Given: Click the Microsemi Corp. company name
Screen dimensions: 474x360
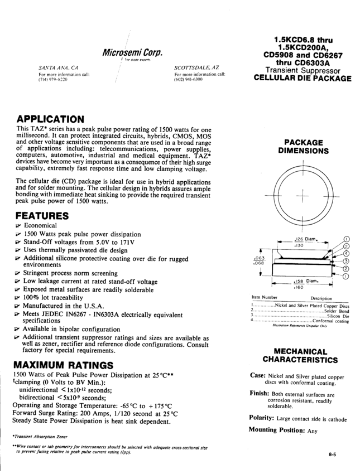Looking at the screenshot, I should [132, 53].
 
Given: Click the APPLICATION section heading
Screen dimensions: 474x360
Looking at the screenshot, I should [50, 119].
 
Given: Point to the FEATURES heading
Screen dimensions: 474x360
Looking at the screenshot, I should [42, 215].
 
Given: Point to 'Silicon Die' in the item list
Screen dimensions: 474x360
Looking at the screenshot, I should [338, 315].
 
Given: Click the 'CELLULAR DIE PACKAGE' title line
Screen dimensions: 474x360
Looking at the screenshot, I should [303, 79].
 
